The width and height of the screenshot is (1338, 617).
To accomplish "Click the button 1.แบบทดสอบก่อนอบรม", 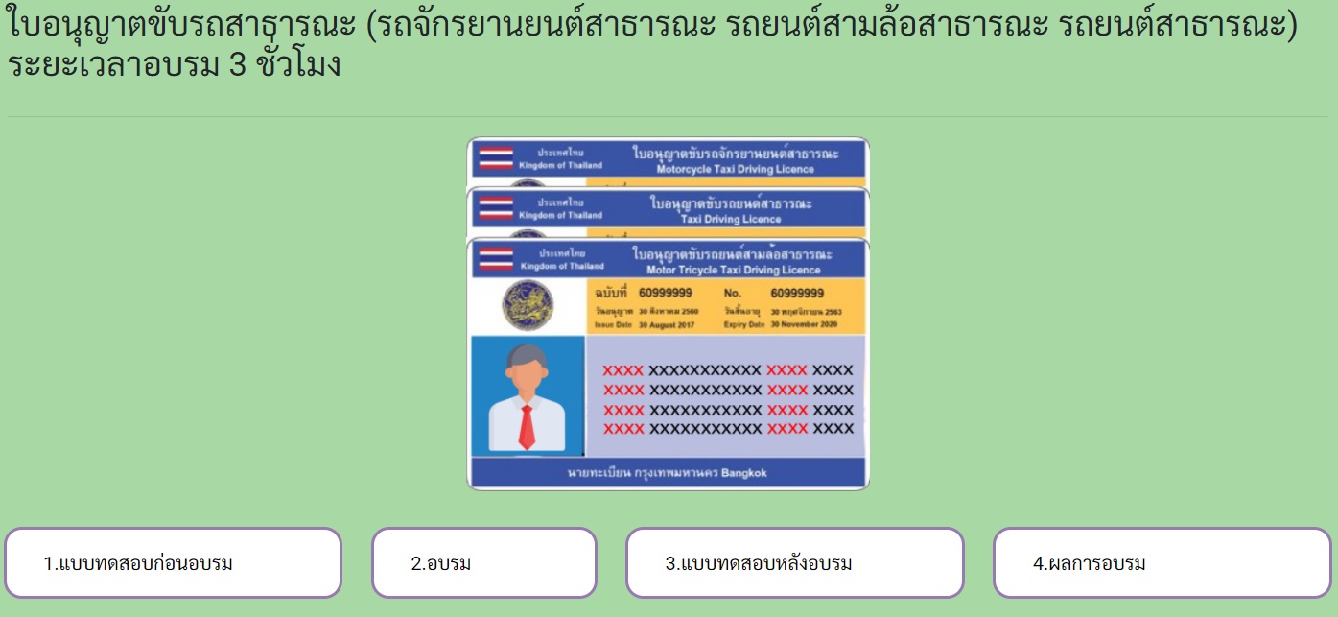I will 173,562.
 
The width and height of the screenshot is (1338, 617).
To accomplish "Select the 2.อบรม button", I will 483,562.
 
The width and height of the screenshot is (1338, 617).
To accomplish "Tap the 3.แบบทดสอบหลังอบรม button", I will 794,562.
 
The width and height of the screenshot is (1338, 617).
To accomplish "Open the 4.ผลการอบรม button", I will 1162,562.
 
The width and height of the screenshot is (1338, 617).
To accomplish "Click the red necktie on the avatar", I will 527,426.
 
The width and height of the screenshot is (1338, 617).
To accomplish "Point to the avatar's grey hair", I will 527,355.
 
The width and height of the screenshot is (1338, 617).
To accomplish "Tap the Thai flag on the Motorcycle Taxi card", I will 496,158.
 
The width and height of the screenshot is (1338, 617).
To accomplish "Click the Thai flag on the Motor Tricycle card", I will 497,259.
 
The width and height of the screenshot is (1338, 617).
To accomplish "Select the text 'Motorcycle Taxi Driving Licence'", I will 735,170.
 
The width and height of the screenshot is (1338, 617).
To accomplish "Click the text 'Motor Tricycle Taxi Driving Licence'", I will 734,271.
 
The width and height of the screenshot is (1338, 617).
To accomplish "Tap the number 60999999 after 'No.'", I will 797,293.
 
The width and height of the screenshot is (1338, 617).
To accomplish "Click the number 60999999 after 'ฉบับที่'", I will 666,293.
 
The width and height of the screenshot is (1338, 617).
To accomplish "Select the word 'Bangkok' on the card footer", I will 744,473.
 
